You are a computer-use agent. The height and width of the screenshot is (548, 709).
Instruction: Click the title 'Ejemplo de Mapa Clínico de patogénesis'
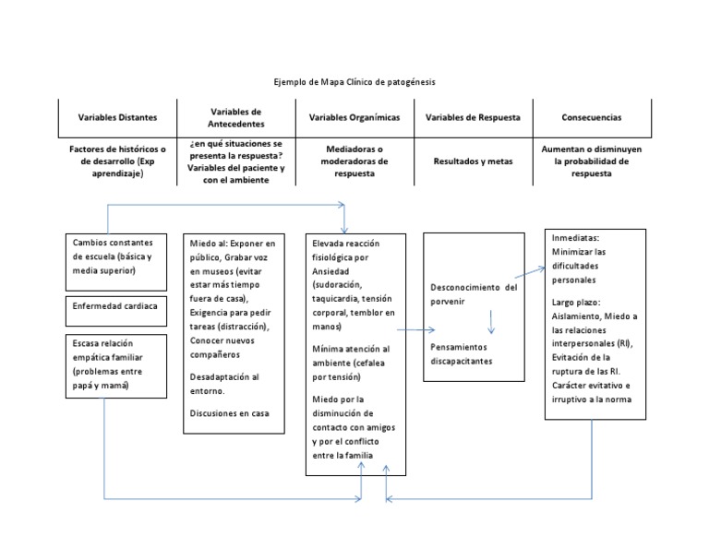[355, 82]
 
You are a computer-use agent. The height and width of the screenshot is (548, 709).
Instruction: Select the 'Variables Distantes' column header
[117, 118]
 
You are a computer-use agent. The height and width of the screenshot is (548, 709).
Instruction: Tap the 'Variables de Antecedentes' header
[236, 117]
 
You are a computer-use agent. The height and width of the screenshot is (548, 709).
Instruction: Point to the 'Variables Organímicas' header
[354, 118]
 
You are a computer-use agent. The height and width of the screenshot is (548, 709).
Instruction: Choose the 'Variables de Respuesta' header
[474, 118]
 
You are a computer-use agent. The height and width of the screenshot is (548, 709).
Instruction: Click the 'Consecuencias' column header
[591, 118]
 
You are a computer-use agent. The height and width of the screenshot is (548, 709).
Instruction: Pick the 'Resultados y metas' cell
[474, 161]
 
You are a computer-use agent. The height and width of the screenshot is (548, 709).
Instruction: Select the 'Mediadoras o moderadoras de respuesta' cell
[354, 161]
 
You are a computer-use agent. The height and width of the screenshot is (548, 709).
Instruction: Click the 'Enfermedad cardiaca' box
[115, 305]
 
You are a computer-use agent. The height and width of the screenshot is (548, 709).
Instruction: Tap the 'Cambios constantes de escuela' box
[115, 256]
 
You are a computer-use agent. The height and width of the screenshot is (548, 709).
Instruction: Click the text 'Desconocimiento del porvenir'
[474, 294]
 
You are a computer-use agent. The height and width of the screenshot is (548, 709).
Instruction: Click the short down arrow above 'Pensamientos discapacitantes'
[491, 321]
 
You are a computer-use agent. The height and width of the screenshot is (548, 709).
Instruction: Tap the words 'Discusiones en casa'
[229, 412]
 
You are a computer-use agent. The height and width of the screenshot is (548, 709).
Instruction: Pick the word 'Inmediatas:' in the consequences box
[574, 238]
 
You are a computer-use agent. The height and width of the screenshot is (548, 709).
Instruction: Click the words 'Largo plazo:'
[576, 302]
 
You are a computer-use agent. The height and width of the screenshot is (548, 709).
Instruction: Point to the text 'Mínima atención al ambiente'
[351, 356]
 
